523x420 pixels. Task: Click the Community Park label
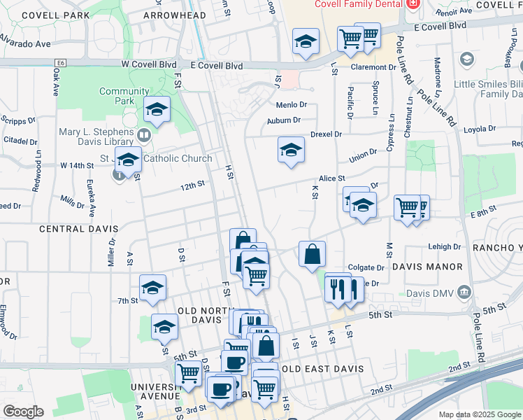coord(124,96)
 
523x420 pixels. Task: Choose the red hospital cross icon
coord(412,4)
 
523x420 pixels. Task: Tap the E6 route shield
coord(61,63)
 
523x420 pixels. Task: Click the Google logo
coord(23,412)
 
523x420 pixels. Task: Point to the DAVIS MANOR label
coord(427,267)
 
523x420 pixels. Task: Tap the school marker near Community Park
coord(157,110)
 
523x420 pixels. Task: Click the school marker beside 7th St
coord(152,288)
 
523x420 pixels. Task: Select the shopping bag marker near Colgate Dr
coord(312,254)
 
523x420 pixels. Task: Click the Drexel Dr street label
coord(326,134)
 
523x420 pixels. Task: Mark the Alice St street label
coord(332,179)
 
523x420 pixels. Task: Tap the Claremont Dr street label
coord(373,68)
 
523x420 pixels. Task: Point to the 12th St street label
coord(192,185)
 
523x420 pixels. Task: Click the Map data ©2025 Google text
coord(478,414)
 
